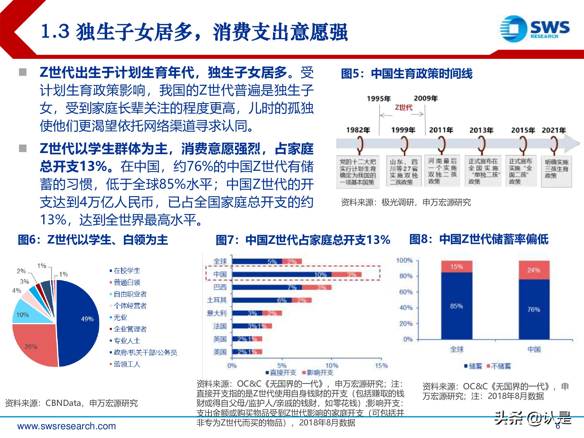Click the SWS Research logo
coord(534,29)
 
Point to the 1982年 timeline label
coord(358,130)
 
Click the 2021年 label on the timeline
coord(554,130)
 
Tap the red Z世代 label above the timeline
coord(404,107)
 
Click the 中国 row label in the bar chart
coord(220,274)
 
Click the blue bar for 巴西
coord(267,287)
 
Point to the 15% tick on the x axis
coord(381,366)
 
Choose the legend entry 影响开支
coord(320,373)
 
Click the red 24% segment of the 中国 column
coord(534,270)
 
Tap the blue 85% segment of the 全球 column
coord(457,306)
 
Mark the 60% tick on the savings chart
coord(406,292)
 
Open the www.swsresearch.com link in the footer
coord(67,426)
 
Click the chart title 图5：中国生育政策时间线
coord(406,74)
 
